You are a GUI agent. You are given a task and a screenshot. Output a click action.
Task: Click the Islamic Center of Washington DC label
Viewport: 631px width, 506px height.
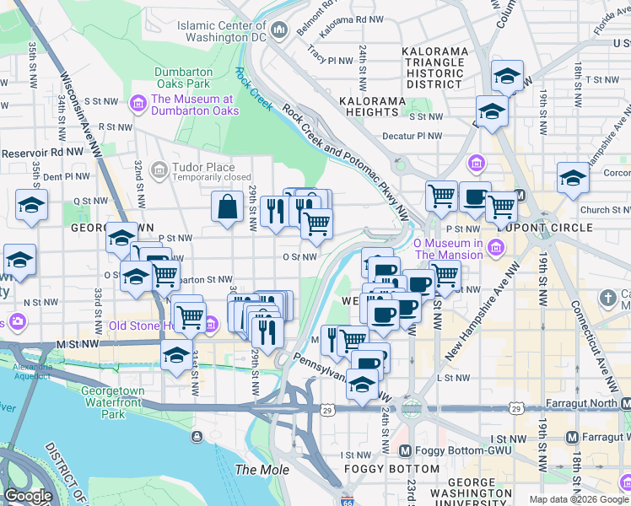[221, 31]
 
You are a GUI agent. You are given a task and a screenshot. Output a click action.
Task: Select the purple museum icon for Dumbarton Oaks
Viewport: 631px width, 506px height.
[138, 104]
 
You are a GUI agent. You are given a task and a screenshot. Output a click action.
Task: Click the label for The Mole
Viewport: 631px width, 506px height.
[262, 470]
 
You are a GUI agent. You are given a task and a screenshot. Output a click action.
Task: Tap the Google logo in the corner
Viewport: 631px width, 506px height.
[28, 496]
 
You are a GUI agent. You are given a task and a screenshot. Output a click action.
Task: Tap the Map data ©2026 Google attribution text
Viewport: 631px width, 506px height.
[578, 499]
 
